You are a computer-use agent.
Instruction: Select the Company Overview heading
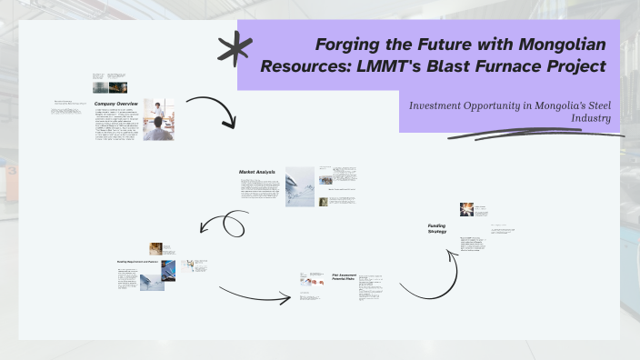point(115,104)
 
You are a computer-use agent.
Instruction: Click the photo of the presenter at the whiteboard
point(159,119)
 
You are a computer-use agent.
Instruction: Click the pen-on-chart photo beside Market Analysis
point(300,185)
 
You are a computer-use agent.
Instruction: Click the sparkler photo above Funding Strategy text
point(466,209)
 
